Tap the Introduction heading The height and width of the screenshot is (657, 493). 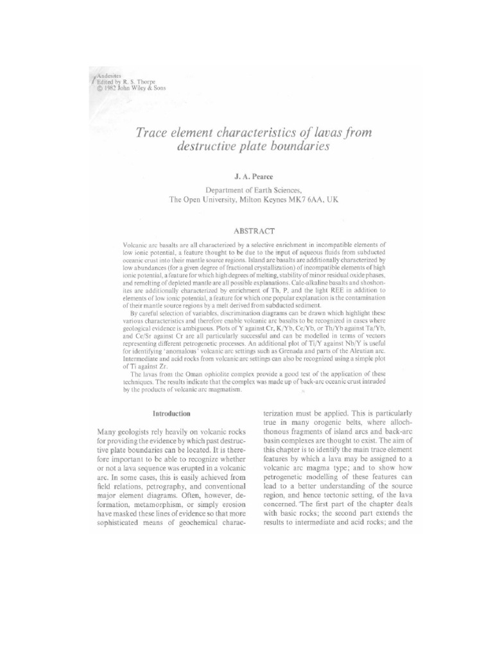click(169, 414)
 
